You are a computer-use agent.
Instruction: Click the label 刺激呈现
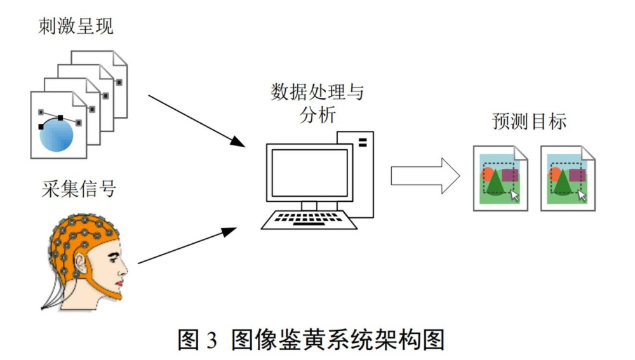pyautogui.click(x=76, y=27)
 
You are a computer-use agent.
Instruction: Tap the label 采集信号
pyautogui.click(x=79, y=189)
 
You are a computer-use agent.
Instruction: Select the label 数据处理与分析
pyautogui.click(x=317, y=103)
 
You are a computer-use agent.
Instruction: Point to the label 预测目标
pyautogui.click(x=530, y=121)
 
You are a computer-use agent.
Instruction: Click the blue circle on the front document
pyautogui.click(x=57, y=135)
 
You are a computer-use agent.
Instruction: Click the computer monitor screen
pyautogui.click(x=309, y=173)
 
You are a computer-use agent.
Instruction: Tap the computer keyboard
pyautogui.click(x=309, y=220)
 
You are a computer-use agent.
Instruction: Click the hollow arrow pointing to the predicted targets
pyautogui.click(x=425, y=176)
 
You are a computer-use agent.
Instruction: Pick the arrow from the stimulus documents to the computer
pyautogui.click(x=197, y=121)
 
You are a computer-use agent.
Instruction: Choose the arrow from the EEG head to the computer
pyautogui.click(x=187, y=246)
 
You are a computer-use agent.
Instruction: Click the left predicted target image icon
pyautogui.click(x=500, y=178)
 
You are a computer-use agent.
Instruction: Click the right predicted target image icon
pyautogui.click(x=568, y=178)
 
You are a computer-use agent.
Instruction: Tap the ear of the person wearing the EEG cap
pyautogui.click(x=81, y=263)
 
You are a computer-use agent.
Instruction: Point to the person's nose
pyautogui.click(x=124, y=268)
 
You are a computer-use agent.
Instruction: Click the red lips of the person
pyautogui.click(x=119, y=283)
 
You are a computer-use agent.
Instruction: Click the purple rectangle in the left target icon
pyautogui.click(x=510, y=175)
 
